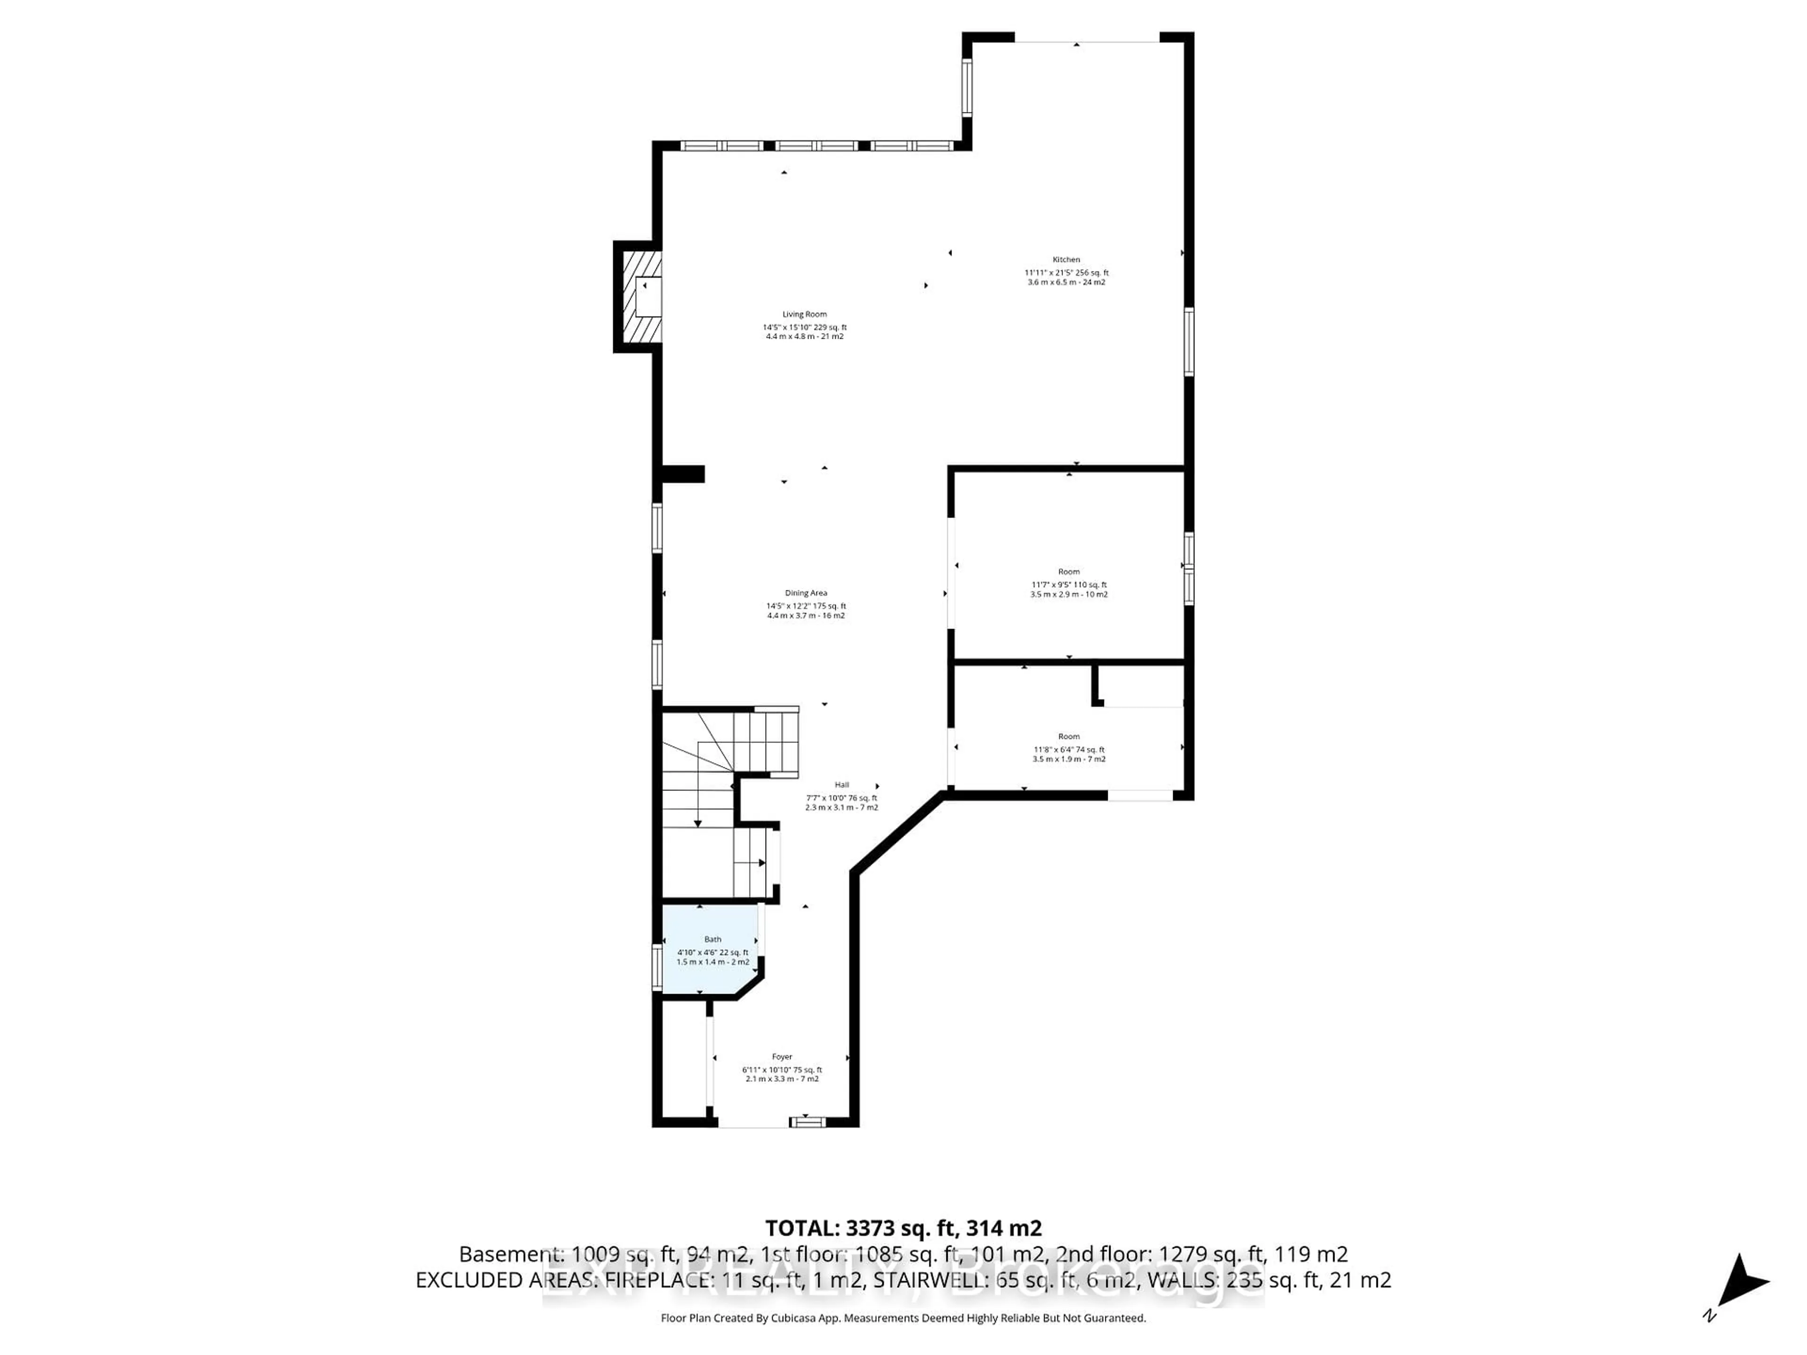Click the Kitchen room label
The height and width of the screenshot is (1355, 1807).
pyautogui.click(x=1066, y=260)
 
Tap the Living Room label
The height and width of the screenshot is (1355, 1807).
pyautogui.click(x=805, y=314)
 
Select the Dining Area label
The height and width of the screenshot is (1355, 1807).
pyautogui.click(x=806, y=593)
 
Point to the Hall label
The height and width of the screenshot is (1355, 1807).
pyautogui.click(x=841, y=785)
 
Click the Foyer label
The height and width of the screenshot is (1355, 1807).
pyautogui.click(x=782, y=1057)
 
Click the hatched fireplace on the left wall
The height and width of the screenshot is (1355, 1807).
pyautogui.click(x=642, y=296)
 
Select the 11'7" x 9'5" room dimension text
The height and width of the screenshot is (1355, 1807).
pyautogui.click(x=1069, y=585)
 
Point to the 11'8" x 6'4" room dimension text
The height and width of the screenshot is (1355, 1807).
pyautogui.click(x=1069, y=750)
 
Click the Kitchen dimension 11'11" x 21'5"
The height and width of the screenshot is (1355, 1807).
pyautogui.click(x=1066, y=273)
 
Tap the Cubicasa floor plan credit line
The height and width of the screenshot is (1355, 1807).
pyautogui.click(x=903, y=1318)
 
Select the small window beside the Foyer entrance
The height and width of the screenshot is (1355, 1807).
pyautogui.click(x=807, y=1123)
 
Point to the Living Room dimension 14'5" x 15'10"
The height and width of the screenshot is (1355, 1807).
pyautogui.click(x=805, y=327)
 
